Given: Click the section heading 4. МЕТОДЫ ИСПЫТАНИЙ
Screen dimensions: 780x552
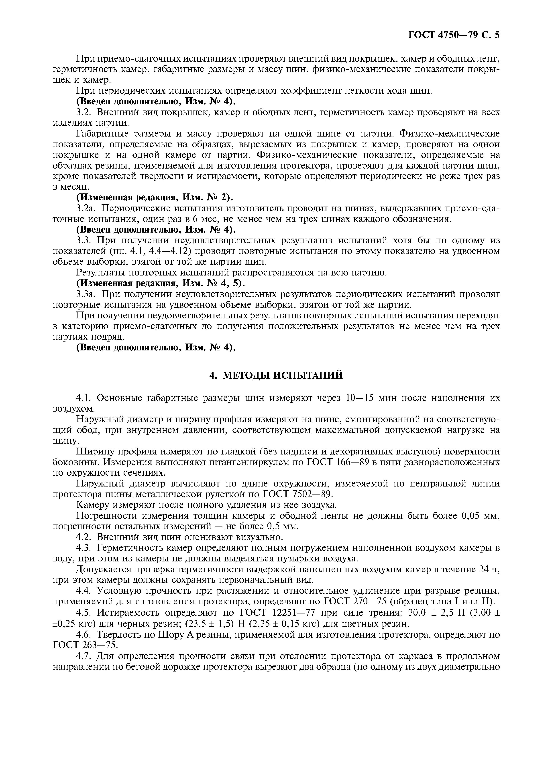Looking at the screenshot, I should (276, 375).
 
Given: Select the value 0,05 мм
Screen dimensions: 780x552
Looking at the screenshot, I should (480, 516).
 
